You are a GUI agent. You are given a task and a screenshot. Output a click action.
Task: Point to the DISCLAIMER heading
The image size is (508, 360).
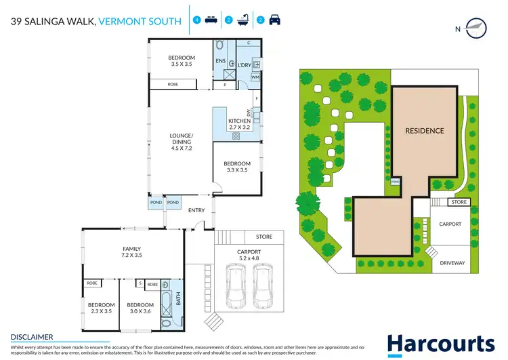tap(32, 336)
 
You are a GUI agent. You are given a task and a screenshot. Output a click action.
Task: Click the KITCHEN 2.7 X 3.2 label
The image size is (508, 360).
tap(239, 124)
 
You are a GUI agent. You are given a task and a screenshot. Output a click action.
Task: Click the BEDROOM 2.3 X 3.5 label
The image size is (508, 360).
tap(101, 309)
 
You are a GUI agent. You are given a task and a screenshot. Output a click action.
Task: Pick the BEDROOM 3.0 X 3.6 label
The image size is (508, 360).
tap(140, 309)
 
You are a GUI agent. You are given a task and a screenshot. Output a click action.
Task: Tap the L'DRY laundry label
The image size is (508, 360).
tap(245, 65)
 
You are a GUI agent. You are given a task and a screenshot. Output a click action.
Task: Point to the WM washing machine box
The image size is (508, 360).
tap(255, 77)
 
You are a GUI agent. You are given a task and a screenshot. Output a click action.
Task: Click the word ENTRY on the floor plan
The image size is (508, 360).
tap(196, 210)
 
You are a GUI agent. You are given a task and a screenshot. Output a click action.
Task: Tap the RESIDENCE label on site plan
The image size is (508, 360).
tap(425, 131)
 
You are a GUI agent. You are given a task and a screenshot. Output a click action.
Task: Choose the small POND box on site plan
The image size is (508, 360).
tap(395, 182)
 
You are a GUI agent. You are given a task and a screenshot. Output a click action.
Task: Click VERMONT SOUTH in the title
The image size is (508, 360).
tap(140, 22)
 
